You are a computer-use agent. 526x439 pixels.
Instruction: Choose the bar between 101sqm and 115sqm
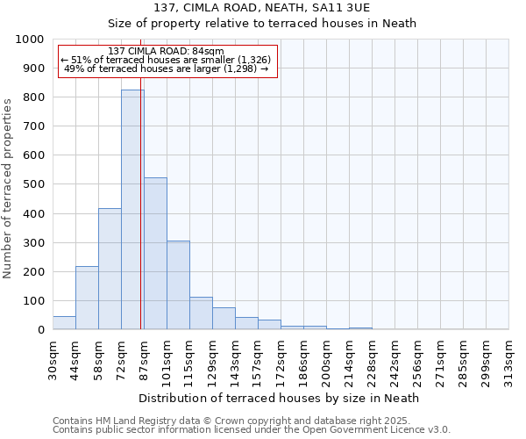(178, 284)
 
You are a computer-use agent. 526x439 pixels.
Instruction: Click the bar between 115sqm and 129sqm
(201, 313)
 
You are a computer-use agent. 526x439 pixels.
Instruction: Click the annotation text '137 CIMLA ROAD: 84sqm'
(167, 51)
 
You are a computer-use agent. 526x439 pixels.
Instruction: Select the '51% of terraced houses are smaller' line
(167, 60)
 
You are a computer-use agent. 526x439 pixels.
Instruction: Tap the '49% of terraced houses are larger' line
(167, 68)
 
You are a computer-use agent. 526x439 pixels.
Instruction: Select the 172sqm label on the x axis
(281, 358)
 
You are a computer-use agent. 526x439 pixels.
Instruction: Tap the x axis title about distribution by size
(280, 398)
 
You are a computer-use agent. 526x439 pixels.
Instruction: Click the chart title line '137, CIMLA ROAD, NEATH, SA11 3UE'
(263, 8)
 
